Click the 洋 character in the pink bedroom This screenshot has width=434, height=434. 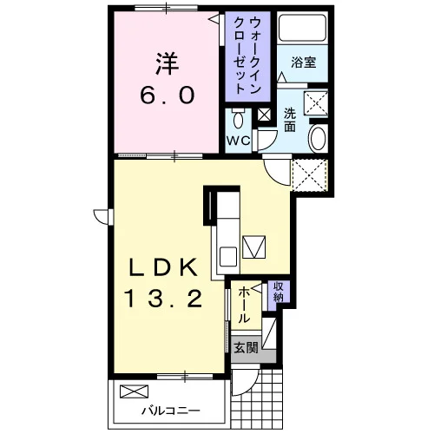(x=167, y=63)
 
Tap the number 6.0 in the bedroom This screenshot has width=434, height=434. (x=167, y=95)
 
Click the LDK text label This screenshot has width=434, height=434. (x=163, y=267)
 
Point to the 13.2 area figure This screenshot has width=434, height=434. (x=163, y=299)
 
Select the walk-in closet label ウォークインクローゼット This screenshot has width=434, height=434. (x=247, y=56)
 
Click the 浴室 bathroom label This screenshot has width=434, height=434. (x=304, y=62)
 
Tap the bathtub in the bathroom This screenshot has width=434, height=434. (x=302, y=27)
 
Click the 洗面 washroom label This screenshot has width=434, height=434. (x=290, y=120)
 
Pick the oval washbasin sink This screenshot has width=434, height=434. (x=319, y=138)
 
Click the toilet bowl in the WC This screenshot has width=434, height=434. (x=238, y=118)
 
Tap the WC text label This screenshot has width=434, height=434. (x=238, y=141)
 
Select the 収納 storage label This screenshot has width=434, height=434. (x=279, y=292)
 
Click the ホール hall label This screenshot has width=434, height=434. (x=244, y=305)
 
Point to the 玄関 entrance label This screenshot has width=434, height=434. (x=246, y=347)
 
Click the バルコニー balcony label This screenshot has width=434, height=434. (x=171, y=411)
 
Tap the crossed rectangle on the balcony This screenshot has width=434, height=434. (x=134, y=391)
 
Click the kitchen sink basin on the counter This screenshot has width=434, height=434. (x=228, y=256)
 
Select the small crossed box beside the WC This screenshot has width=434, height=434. (x=264, y=115)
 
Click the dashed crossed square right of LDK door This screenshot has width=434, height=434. (x=310, y=174)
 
